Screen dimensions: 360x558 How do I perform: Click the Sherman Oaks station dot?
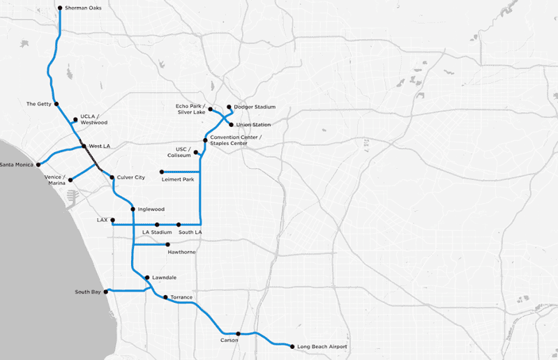60,8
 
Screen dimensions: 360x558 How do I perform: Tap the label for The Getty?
39,104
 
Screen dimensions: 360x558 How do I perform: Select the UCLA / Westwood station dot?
75,119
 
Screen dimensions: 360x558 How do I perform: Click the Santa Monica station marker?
38,165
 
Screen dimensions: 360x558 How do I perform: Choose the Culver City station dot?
112,178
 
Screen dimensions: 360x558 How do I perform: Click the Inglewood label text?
151,209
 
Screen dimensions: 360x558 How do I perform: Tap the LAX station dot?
112,220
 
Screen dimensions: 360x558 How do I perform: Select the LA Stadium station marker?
157,225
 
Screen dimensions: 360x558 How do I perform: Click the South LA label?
190,232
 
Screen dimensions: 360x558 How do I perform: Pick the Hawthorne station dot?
167,245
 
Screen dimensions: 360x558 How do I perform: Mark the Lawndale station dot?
146,278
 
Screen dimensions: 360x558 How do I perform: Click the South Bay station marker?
106,292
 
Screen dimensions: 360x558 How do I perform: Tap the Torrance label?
181,297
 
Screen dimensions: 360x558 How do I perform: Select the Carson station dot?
238,333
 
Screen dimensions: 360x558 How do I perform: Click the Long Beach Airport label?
322,347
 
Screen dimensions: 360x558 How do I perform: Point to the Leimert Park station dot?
161,172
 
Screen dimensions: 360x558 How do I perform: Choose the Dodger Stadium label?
255,107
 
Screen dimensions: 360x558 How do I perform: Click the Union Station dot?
232,124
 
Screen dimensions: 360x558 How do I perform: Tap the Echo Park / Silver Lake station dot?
210,109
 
